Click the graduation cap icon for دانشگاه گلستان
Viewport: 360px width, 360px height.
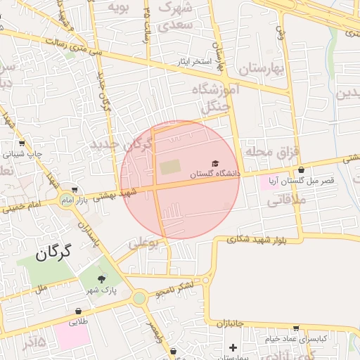coord(214,163)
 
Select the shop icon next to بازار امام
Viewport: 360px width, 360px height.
coord(74,190)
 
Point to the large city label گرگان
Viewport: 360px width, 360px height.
coord(53,251)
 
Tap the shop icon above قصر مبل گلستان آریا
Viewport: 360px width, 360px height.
coord(301,170)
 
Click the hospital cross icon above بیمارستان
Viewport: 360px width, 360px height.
coord(233,347)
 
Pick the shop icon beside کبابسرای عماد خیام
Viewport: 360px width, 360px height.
coord(296,327)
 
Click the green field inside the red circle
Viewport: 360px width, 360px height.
coord(169,168)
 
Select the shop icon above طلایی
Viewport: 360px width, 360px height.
coord(77,311)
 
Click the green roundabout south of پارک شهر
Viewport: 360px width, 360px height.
coord(139,298)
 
